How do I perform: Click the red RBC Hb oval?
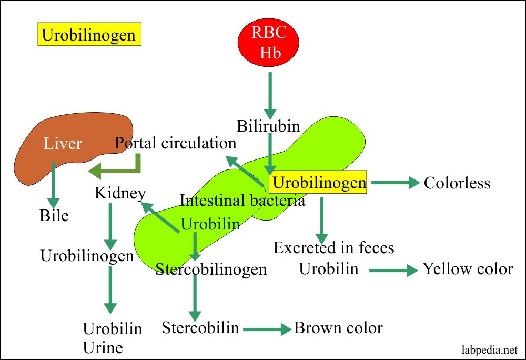[x=269, y=42]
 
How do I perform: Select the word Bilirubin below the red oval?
[x=268, y=126]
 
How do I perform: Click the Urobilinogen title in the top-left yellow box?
[x=89, y=35]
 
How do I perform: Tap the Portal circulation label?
[x=176, y=143]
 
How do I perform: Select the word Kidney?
[x=120, y=193]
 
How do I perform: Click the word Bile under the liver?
[x=54, y=215]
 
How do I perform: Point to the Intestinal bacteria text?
[x=242, y=201]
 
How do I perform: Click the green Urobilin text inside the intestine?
[x=210, y=224]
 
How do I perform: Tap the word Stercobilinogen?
[x=211, y=269]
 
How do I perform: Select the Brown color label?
[x=338, y=328]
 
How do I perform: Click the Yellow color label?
[x=468, y=269]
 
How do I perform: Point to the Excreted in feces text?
[x=333, y=247]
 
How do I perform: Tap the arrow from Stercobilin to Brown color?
[x=267, y=329]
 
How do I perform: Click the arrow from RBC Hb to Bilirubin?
[x=270, y=95]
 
